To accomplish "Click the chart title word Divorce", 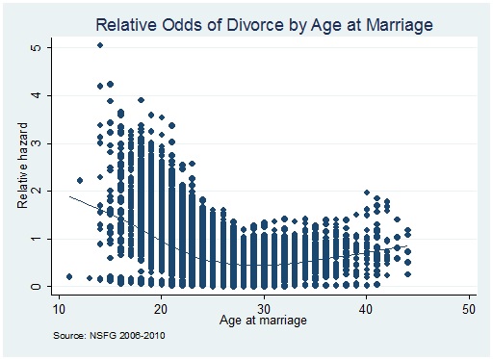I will [242, 23].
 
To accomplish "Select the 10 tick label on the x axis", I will [58, 308].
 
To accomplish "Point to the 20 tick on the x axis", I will [161, 308].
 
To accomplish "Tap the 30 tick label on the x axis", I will [263, 308].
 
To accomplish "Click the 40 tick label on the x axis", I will [366, 308].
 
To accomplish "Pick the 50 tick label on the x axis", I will [469, 308].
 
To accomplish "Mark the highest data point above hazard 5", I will [100, 45].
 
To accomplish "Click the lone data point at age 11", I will [69, 277].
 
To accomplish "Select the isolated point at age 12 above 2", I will [80, 180].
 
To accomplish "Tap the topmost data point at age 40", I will [367, 193].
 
